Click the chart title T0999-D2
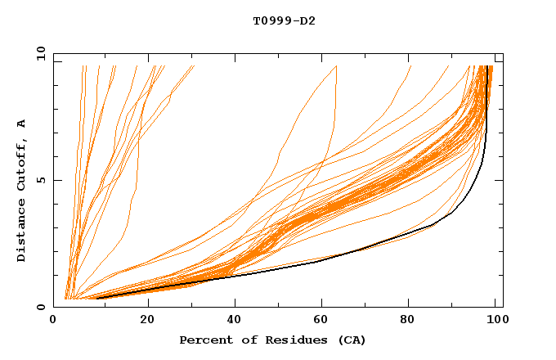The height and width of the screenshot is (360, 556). click(x=284, y=21)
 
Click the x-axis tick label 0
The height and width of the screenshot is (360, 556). click(x=53, y=320)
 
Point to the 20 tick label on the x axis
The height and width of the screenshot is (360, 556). click(x=147, y=320)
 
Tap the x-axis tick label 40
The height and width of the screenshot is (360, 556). click(x=235, y=320)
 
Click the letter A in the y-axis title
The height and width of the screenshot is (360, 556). click(x=22, y=124)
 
